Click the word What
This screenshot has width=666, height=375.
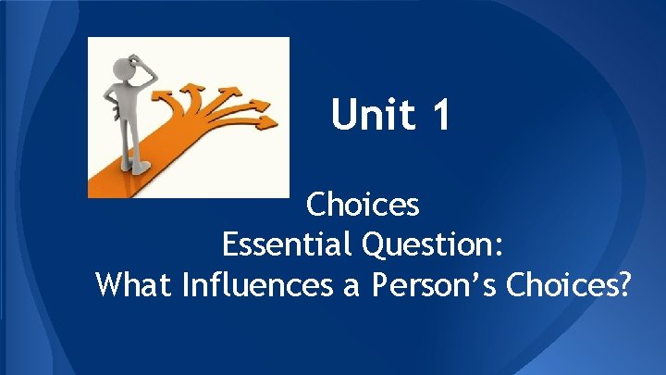(x=135, y=285)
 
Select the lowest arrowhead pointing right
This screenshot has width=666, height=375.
(x=267, y=120)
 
